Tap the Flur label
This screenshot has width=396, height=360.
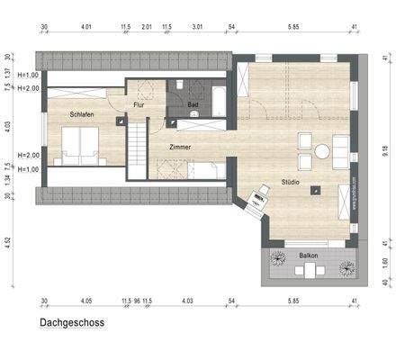point(139,105)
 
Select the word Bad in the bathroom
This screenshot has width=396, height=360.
point(193,105)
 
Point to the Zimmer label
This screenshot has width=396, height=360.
point(181,145)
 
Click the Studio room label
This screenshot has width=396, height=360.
point(290,180)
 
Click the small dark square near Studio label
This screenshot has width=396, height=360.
point(315,190)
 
